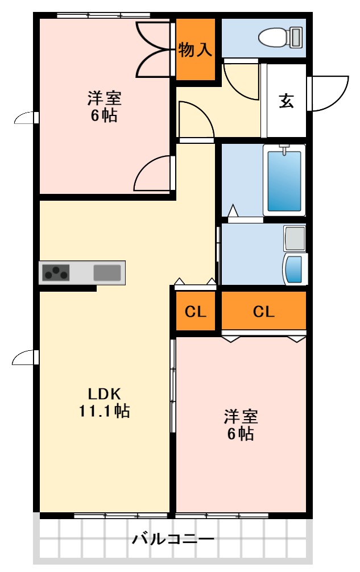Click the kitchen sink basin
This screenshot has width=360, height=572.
(x=107, y=272)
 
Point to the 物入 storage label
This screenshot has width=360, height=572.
(x=195, y=50)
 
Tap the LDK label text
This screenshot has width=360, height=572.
(x=105, y=393)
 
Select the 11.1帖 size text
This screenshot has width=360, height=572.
(x=104, y=411)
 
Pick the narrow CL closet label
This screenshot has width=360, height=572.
(x=195, y=312)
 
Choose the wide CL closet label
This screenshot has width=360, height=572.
(x=263, y=312)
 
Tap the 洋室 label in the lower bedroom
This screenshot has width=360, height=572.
(x=241, y=417)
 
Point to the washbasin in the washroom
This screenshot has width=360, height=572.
(x=294, y=269)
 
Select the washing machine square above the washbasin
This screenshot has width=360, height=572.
(x=295, y=238)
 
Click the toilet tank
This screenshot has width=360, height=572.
(x=296, y=38)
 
